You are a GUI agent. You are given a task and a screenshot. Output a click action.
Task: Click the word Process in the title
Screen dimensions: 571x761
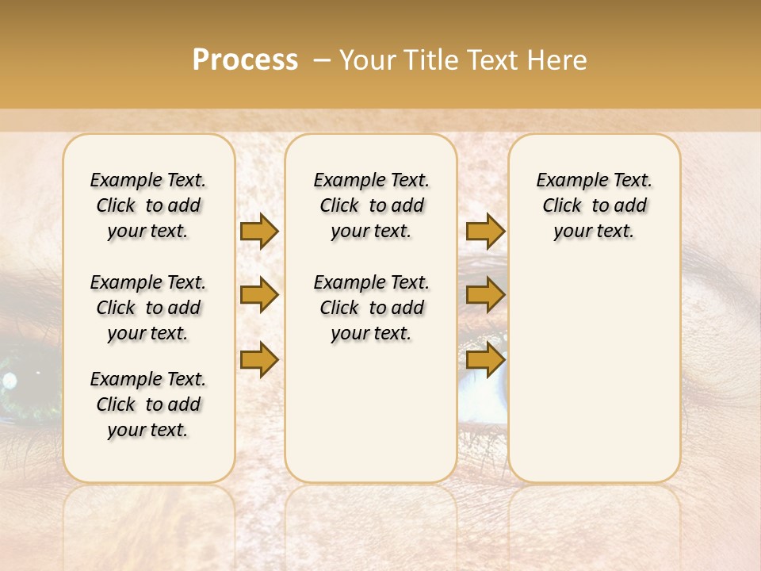click(245, 60)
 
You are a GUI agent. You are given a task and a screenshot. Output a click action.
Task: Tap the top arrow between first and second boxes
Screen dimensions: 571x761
click(259, 232)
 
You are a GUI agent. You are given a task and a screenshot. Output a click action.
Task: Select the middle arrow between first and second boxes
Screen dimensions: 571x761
click(259, 296)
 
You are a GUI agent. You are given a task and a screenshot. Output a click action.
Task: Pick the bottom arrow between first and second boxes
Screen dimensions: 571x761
click(259, 360)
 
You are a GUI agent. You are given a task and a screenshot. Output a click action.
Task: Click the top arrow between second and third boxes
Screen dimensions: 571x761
click(485, 232)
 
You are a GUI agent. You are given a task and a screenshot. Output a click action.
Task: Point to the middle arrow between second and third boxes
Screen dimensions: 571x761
click(485, 296)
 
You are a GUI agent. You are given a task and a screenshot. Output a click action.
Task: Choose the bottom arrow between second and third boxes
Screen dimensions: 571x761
click(485, 360)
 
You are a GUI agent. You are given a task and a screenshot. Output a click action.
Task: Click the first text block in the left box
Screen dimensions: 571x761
click(148, 205)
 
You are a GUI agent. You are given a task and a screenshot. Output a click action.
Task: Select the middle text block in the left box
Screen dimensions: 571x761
click(148, 308)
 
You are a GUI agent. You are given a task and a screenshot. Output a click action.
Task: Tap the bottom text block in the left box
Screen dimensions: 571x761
click(148, 404)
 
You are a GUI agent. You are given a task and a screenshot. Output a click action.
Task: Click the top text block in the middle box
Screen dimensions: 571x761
click(371, 205)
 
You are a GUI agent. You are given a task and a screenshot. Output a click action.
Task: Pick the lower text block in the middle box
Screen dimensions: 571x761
click(371, 308)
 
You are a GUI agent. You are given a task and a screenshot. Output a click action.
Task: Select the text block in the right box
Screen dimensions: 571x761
click(594, 205)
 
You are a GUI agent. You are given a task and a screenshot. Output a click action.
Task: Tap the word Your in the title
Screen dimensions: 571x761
click(365, 60)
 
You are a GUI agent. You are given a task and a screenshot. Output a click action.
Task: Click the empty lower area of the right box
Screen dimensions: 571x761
click(594, 373)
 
